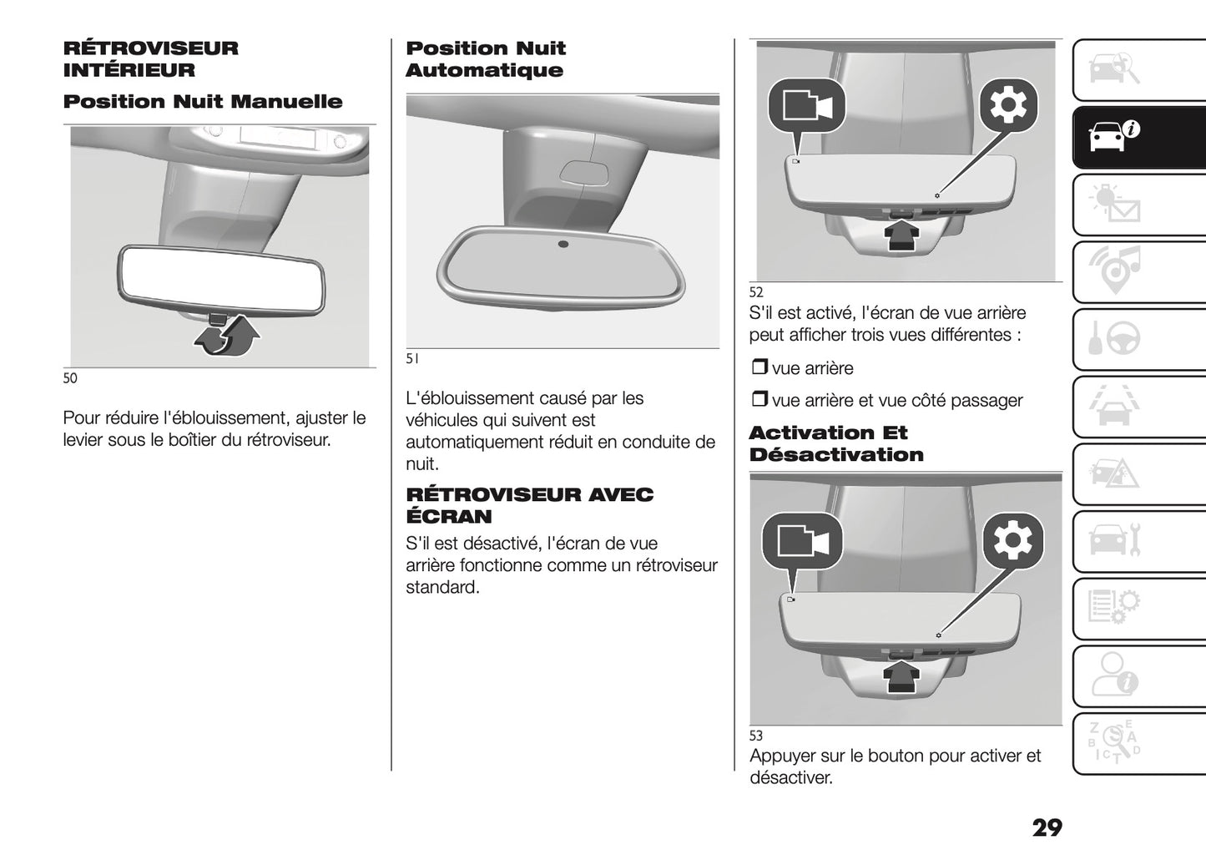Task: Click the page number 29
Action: [1047, 827]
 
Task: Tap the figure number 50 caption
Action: [70, 378]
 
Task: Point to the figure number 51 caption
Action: [412, 359]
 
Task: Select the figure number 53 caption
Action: [756, 736]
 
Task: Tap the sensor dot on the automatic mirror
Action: [563, 244]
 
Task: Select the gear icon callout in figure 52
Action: [1008, 105]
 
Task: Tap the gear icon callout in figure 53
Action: [1012, 540]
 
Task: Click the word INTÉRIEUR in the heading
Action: [129, 70]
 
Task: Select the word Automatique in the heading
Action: [485, 71]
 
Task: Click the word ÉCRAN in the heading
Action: [449, 517]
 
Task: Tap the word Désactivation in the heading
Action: [836, 454]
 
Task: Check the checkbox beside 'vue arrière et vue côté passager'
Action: [759, 399]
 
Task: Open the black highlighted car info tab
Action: [1139, 138]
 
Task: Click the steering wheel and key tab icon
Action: [1114, 338]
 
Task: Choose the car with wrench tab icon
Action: [1114, 539]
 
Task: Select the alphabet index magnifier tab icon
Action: [1114, 742]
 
